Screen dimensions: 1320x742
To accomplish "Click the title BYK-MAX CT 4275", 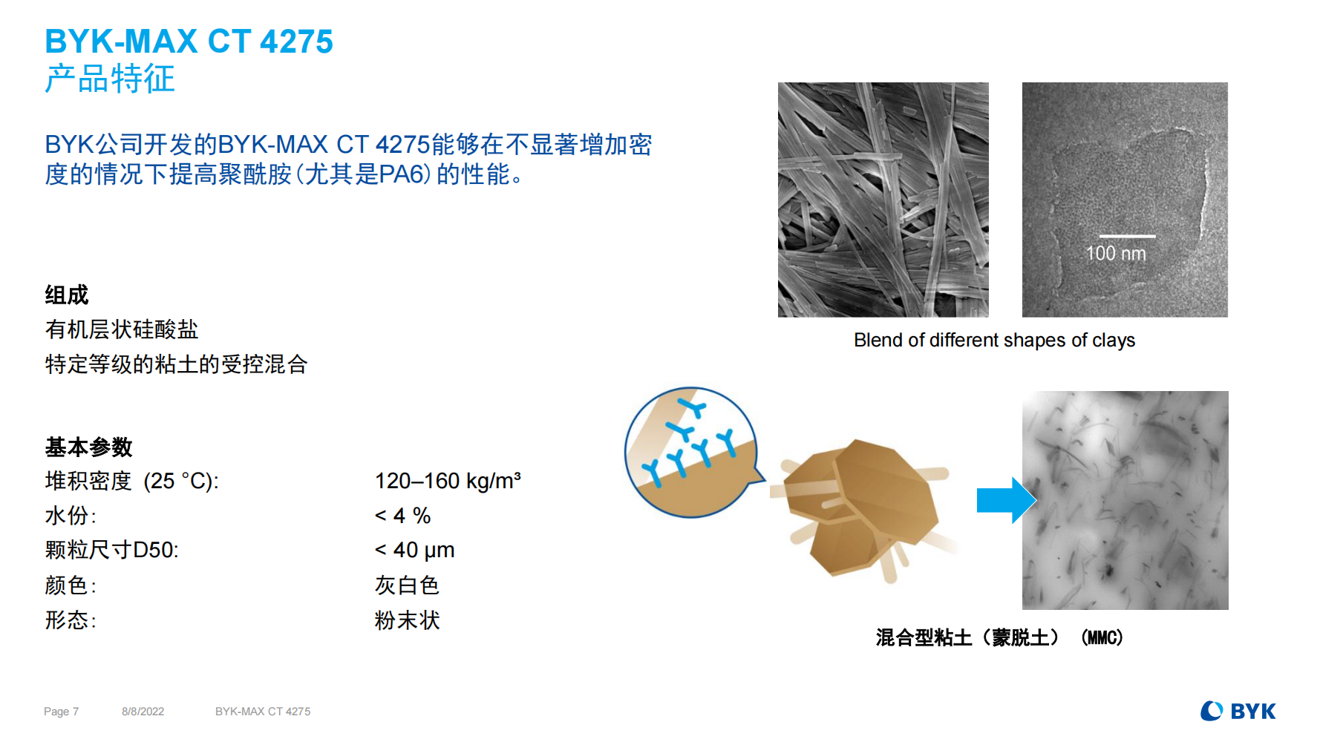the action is click(x=189, y=42).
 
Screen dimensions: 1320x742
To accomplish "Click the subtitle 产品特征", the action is click(x=110, y=79).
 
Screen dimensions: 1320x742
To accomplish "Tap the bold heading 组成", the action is click(x=67, y=295).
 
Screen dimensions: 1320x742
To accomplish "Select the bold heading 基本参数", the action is click(x=88, y=447).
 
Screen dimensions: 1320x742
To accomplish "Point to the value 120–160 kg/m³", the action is click(x=448, y=481).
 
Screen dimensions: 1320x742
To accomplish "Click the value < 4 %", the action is click(x=402, y=516).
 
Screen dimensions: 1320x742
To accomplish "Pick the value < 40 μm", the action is click(x=414, y=550).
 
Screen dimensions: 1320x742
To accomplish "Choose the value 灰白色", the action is click(x=407, y=585).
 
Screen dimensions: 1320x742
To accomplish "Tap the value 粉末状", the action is click(x=407, y=620).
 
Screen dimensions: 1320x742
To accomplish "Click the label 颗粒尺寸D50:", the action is click(x=111, y=550).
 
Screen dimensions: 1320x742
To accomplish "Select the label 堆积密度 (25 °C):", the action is click(x=131, y=481).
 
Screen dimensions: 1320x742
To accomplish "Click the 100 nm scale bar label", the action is click(x=1116, y=254).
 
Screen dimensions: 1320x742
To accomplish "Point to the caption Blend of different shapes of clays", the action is click(x=994, y=340).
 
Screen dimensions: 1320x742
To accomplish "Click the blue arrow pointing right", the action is click(x=1006, y=500).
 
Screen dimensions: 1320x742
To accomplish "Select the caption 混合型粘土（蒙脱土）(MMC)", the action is click(x=999, y=637).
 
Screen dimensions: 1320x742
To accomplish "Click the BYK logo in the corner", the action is click(x=1238, y=711).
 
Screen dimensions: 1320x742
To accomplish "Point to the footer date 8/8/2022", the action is click(x=143, y=712).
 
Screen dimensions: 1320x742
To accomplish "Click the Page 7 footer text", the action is click(x=61, y=712).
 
